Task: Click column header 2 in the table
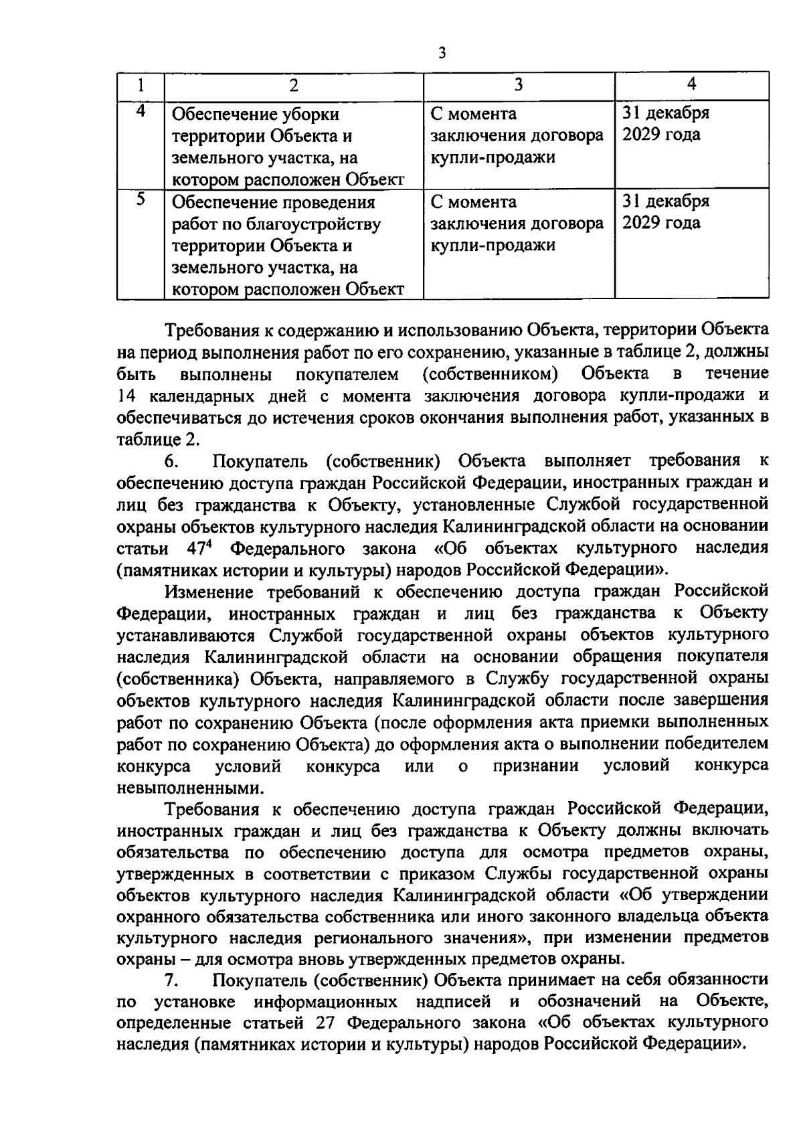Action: [x=293, y=85]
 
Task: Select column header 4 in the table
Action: [x=691, y=84]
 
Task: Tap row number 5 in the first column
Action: [x=141, y=200]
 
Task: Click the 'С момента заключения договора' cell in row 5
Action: [x=517, y=224]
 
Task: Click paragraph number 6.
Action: [x=171, y=461]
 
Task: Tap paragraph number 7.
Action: [x=171, y=980]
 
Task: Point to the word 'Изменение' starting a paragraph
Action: [x=209, y=592]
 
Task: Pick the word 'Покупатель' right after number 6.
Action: [x=260, y=461]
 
